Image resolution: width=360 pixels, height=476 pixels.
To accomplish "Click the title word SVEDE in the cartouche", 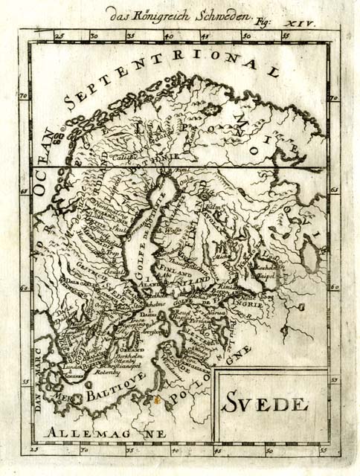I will (263, 405).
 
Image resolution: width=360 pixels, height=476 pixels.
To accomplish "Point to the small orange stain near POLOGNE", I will (156, 399).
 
